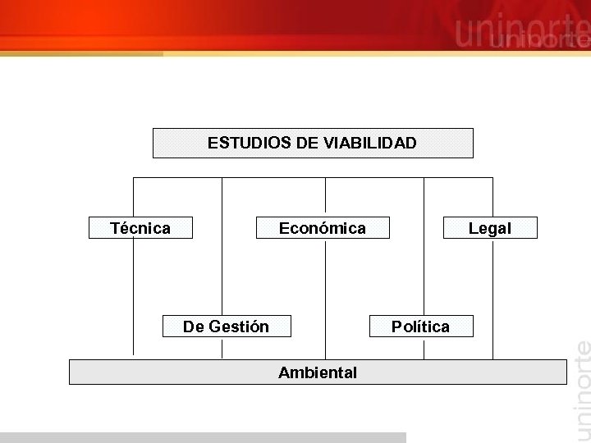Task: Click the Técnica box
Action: [x=140, y=228]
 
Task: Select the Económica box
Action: [x=323, y=228]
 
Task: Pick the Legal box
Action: [x=490, y=228]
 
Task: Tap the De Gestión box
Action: [x=227, y=327]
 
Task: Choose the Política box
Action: [x=421, y=327]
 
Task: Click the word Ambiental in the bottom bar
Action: [x=318, y=372]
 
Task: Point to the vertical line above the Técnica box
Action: [x=133, y=197]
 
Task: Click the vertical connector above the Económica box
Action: [x=325, y=197]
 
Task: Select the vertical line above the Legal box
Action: [x=492, y=197]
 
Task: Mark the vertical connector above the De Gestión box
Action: [x=222, y=246]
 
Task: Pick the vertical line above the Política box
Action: [x=424, y=246]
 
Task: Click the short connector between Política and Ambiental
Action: [x=424, y=348]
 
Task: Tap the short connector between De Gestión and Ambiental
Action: [x=222, y=348]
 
